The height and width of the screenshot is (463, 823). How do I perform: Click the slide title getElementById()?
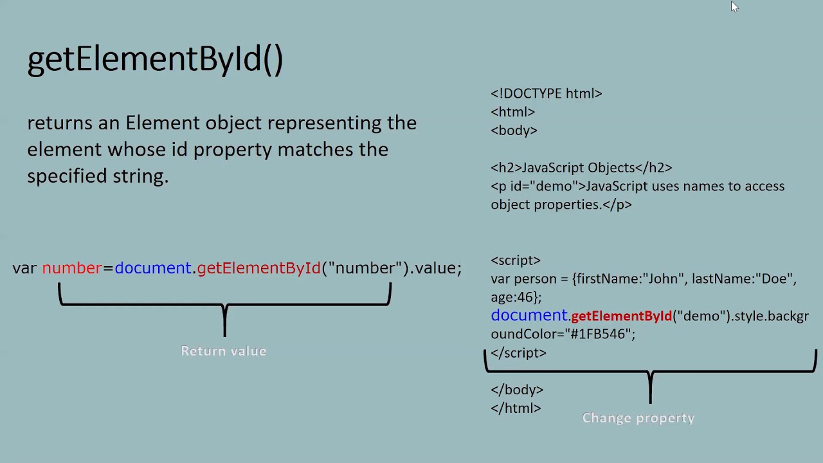155,59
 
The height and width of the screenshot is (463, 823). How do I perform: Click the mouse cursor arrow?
734,6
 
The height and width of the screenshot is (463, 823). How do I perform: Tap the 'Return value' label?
223,351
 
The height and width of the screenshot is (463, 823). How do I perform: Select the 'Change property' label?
638,418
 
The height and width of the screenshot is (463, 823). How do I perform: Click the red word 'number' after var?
72,268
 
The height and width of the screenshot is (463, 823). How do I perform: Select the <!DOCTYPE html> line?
546,94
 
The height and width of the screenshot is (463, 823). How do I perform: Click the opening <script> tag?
515,260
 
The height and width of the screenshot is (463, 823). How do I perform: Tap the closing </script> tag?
518,353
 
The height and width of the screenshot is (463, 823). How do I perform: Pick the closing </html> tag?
516,408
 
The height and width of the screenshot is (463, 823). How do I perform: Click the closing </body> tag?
517,390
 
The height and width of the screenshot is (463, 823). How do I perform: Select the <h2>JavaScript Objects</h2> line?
581,168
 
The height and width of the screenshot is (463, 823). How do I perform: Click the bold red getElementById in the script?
621,316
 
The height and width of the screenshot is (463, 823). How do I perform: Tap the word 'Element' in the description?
162,123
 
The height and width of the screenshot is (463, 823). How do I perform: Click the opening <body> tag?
514,131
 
